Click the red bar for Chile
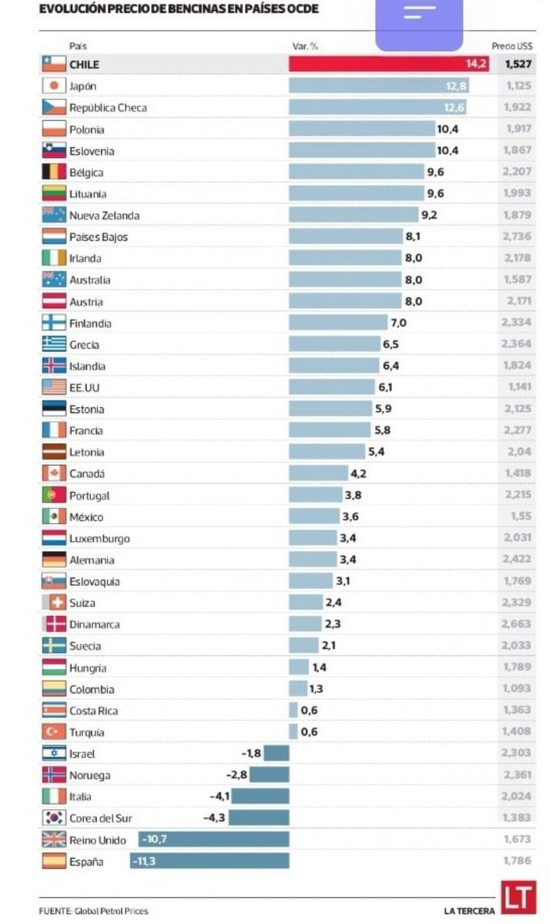(389, 65)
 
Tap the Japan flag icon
(54, 86)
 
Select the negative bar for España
(209, 861)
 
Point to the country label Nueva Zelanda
(104, 216)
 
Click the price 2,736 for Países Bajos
(518, 237)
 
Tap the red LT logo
(517, 899)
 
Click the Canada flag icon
(54, 474)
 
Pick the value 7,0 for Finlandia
(398, 323)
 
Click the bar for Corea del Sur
(258, 818)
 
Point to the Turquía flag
(54, 732)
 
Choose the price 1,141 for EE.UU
(519, 388)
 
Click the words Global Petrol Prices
(112, 911)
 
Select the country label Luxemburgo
(99, 538)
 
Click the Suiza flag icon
(54, 603)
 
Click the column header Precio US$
(511, 46)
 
